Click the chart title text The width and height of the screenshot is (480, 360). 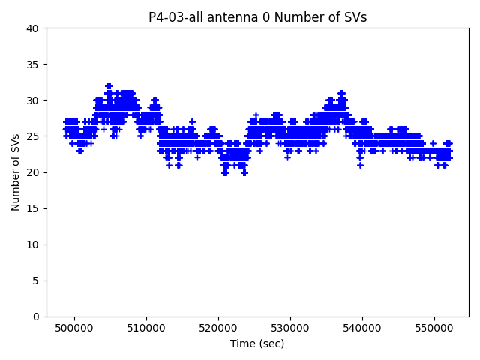click(257, 17)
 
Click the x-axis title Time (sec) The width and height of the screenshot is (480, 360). click(257, 343)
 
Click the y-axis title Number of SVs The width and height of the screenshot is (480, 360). click(16, 172)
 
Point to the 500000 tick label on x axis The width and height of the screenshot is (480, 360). click(75, 328)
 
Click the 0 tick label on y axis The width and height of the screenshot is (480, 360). click(37, 316)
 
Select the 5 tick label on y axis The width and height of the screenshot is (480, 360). click(37, 280)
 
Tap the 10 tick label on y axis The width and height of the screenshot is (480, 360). click(34, 244)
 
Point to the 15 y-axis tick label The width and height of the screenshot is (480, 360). click(34, 208)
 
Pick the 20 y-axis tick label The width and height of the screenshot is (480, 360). click(34, 172)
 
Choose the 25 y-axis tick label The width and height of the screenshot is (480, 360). click(34, 136)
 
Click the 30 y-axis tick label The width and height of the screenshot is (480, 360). click(34, 100)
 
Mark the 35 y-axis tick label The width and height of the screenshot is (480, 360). click(34, 64)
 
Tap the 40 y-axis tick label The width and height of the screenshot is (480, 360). click(34, 28)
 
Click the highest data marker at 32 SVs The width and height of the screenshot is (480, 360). click(109, 86)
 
